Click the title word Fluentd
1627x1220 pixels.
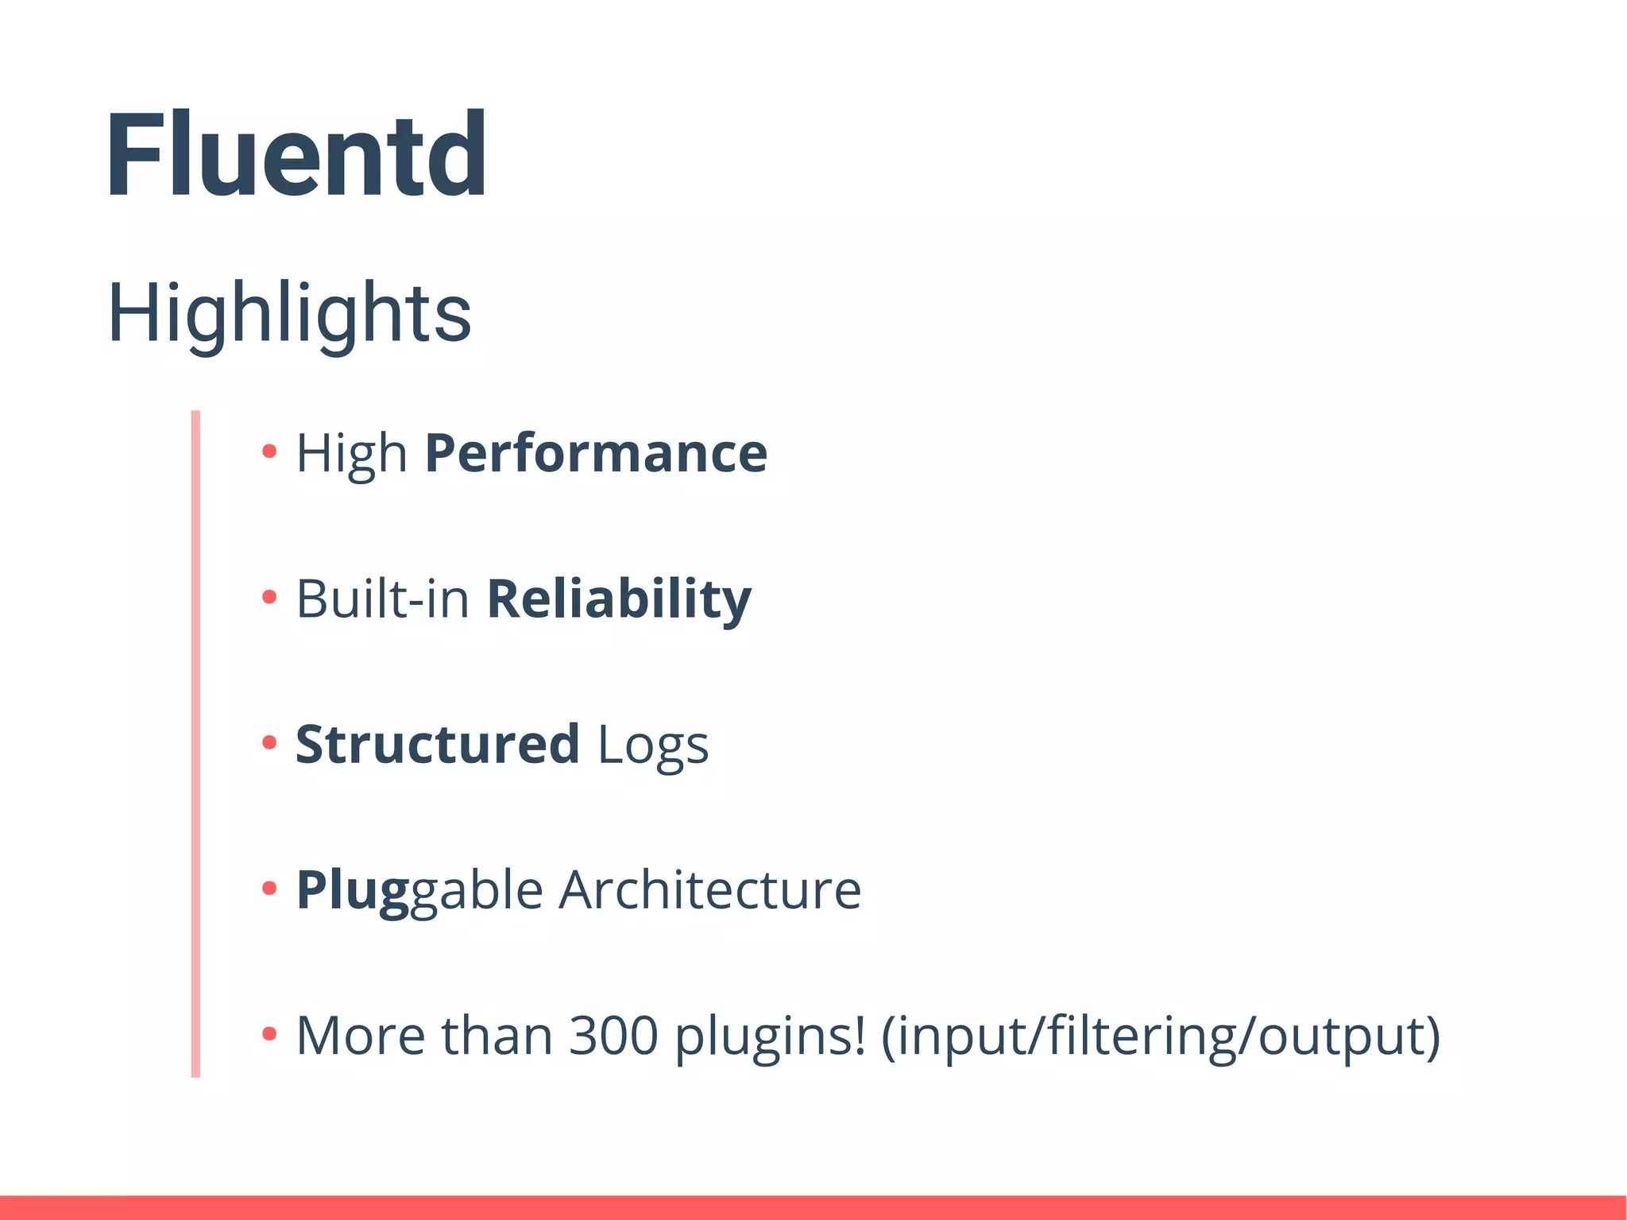pos(296,154)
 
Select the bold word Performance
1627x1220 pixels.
pos(596,453)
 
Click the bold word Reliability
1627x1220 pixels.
pos(618,599)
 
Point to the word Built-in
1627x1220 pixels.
pos(383,599)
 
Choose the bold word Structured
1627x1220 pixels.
pos(437,745)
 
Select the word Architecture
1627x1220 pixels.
pos(709,890)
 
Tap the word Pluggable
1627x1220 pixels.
pos(419,891)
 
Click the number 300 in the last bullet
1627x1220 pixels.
pos(613,1036)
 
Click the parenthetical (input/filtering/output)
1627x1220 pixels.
pos(1161,1036)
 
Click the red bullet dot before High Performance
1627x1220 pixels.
pos(269,451)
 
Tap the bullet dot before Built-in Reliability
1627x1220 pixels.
pos(269,597)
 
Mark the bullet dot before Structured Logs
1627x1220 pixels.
pos(269,742)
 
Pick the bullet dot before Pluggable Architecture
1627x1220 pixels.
pos(269,888)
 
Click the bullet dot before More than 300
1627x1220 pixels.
pos(269,1034)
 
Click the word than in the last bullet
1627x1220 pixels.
pos(497,1036)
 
